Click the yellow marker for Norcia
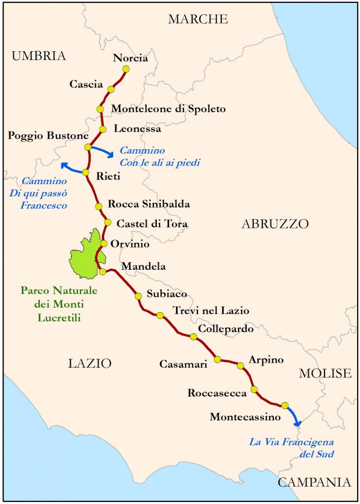tap(126, 69)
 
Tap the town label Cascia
tap(86, 84)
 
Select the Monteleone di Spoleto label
tap(169, 109)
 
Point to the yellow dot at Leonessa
tap(103, 129)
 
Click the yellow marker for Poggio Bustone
tap(88, 147)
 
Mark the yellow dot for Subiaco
tap(138, 296)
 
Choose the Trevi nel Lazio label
tap(210, 311)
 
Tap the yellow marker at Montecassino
tap(284, 405)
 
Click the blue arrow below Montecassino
tap(294, 417)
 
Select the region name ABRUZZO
tap(275, 224)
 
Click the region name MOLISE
tap(325, 373)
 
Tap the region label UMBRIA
tap(39, 56)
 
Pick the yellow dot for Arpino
tap(240, 366)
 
